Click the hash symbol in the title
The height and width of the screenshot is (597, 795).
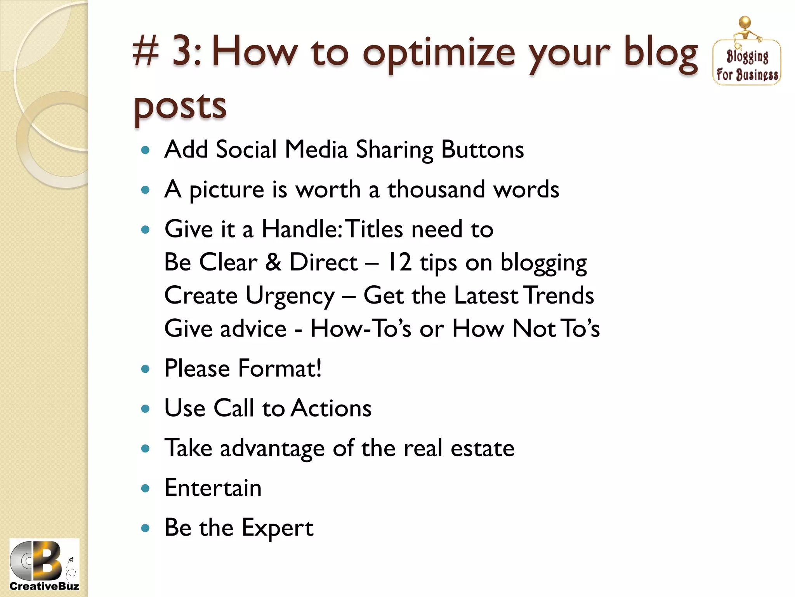click(146, 52)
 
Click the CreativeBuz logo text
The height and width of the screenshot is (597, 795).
click(44, 586)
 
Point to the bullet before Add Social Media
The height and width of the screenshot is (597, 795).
click(146, 150)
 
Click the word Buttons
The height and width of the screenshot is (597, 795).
click(483, 150)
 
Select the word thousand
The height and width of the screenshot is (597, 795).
click(436, 190)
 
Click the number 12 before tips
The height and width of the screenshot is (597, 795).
click(399, 262)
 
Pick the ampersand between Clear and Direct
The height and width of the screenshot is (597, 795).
click(273, 262)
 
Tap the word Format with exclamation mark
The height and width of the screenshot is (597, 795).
click(279, 368)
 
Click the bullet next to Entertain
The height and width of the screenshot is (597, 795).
click(146, 489)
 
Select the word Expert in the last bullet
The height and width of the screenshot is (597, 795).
click(277, 528)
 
